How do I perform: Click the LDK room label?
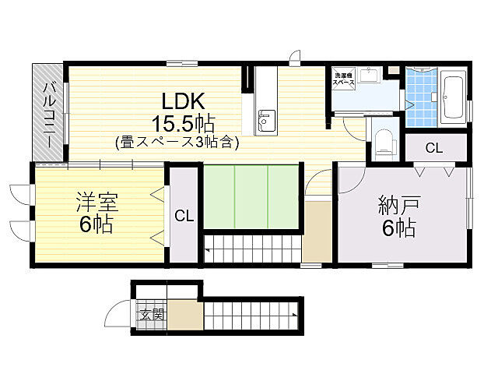pos(183,101)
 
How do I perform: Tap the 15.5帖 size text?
pos(183,123)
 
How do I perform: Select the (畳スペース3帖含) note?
pos(177,143)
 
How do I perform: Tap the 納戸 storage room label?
pos(398,206)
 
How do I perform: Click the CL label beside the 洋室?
pos(184,215)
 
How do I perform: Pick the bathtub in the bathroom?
pos(452,97)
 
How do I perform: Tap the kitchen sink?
pos(266,122)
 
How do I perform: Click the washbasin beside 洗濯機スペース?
pos(369,76)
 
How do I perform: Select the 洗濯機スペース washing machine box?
pos(344,79)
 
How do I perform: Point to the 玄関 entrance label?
pos(152,315)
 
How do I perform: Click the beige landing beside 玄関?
pos(185,316)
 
